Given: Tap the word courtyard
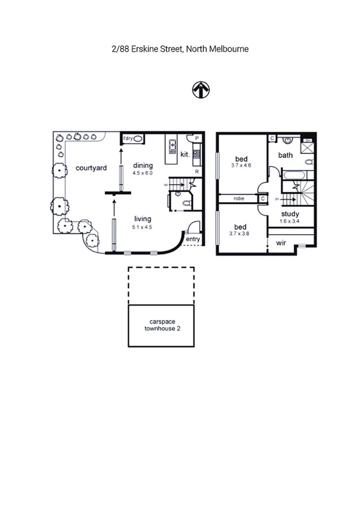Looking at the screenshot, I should point(91,168).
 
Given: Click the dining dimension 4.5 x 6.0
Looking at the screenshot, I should point(143,173).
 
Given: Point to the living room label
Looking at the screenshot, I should point(142,219).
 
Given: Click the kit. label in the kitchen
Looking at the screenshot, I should point(185,154).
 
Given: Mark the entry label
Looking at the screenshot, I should point(193,239).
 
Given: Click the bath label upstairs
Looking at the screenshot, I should point(285,155).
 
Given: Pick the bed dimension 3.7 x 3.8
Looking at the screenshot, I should point(240,235).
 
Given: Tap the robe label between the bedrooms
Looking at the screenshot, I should point(239,198).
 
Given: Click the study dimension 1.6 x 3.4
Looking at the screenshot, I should point(290,221).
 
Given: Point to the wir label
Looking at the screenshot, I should point(280,244).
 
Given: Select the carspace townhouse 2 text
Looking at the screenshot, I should point(161,325).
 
